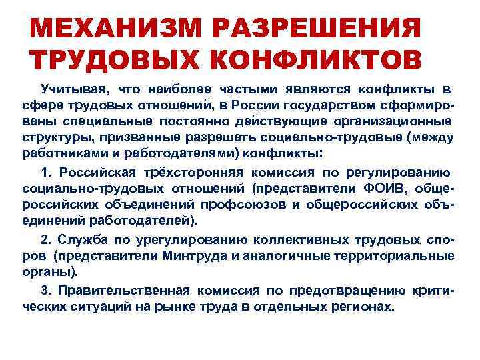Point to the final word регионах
pyautogui.click(x=363, y=306)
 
